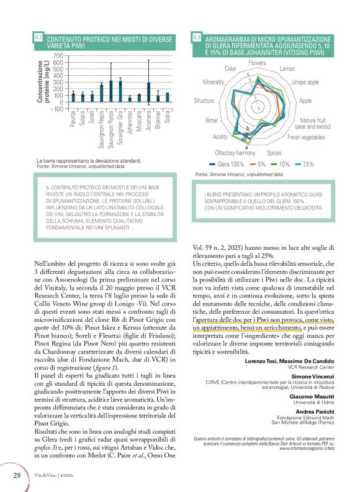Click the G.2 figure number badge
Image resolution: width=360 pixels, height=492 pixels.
point(38,39)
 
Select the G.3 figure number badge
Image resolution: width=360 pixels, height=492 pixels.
point(196,39)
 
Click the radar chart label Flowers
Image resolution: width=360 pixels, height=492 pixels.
point(257,64)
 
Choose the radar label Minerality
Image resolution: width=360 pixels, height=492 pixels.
point(217,82)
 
